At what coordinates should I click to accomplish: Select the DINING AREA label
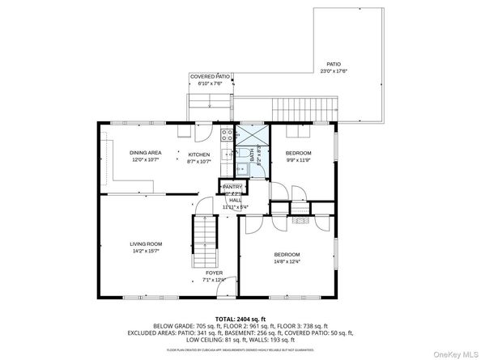tap(146, 153)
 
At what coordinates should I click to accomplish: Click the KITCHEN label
tap(199, 155)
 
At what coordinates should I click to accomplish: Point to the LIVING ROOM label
tap(146, 244)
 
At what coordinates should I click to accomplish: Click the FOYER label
tap(214, 273)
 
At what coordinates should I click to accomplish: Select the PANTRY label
tap(232, 187)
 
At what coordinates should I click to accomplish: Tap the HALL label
tap(235, 200)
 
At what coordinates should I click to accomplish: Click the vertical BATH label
tap(251, 153)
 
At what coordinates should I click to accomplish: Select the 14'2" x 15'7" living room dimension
tap(146, 251)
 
